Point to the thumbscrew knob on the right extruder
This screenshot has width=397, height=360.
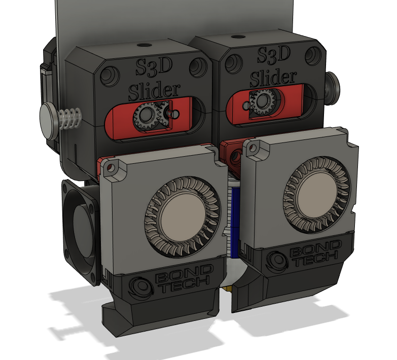click(333, 84)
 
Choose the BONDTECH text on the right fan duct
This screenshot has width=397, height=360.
click(312, 256)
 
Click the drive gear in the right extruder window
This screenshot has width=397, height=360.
click(263, 103)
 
